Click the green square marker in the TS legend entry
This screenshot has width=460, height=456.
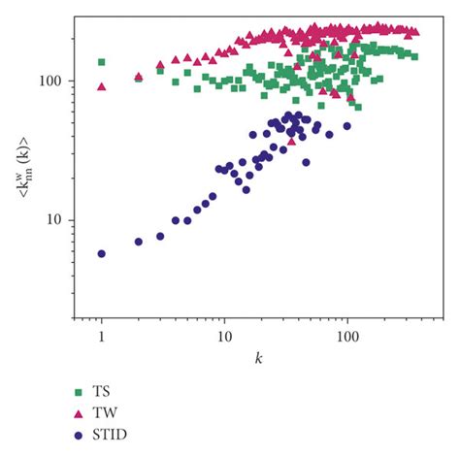[x=80, y=392]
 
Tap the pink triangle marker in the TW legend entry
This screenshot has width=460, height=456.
[x=80, y=413]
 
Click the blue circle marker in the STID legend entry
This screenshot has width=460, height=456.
[x=80, y=435]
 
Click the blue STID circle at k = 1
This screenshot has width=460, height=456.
[x=101, y=253]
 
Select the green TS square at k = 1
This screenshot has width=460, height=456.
[x=101, y=62]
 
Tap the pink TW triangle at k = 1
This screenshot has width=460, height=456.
[x=101, y=86]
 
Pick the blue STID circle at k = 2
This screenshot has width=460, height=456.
[x=139, y=242]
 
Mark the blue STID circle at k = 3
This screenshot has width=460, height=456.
[x=160, y=236]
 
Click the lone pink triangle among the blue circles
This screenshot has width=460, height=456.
[x=292, y=141]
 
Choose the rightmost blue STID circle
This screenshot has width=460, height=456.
[x=346, y=126]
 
